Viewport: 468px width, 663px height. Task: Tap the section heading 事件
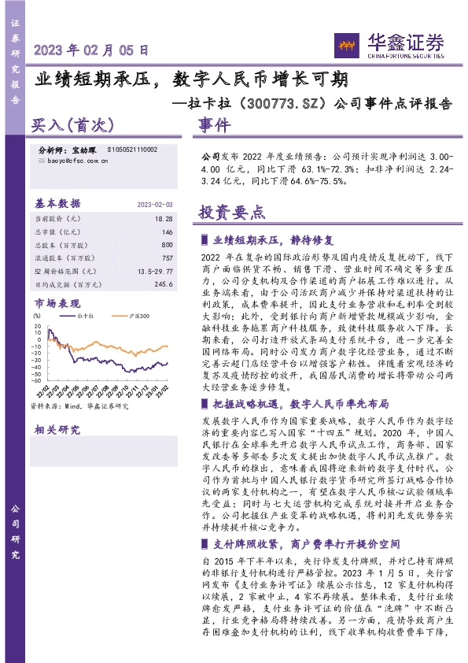[x=214, y=124]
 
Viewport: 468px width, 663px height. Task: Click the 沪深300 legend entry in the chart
[x=138, y=315]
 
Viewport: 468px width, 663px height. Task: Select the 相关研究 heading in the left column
[x=57, y=429]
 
